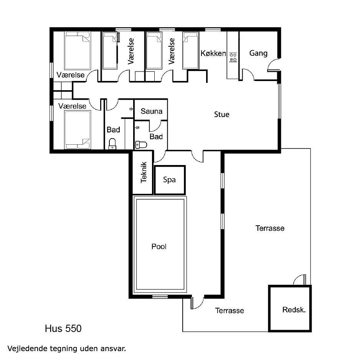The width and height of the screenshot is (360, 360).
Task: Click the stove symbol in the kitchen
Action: pos(233,58)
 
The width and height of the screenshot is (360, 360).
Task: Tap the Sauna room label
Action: pos(152,111)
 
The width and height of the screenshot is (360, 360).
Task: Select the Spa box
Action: pos(170,180)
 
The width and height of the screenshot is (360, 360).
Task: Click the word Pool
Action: pos(159,246)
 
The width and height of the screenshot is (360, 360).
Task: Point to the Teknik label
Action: pos(144,172)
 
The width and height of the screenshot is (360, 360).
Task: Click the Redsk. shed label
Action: pos(294,310)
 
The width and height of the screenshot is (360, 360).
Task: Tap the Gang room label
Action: pos(258,53)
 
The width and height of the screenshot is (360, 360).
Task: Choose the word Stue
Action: pos(221,114)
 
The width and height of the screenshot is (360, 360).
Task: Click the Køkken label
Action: pos(213,53)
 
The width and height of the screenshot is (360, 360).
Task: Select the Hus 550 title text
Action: pos(63,329)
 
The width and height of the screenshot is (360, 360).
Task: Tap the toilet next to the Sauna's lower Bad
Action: pos(141,145)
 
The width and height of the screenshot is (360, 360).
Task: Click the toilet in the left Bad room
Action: pos(112,144)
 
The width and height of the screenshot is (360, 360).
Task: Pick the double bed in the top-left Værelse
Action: pos(78,51)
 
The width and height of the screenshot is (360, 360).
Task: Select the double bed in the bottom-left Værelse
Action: pos(78,130)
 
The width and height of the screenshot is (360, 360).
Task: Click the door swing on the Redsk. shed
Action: pos(300,280)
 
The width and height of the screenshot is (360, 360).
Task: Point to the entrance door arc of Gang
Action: pos(273,65)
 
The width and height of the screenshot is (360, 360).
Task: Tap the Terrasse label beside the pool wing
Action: pos(270,228)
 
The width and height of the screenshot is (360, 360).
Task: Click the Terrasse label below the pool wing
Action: pos(230,310)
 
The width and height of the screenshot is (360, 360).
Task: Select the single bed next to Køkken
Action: pos(191,51)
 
